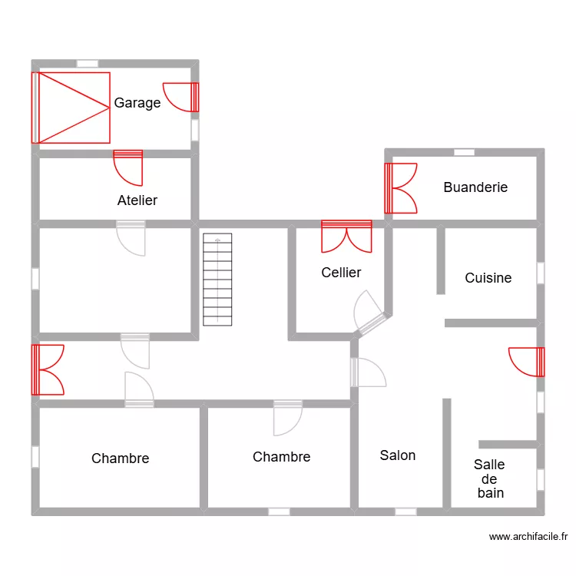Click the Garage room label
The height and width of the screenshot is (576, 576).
point(137,103)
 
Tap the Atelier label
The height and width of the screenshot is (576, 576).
point(137,200)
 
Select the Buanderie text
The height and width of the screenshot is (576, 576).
point(475,187)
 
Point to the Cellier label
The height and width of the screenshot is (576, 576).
point(341,273)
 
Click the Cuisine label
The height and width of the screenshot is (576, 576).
point(488,278)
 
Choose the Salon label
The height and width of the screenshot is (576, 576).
point(398,455)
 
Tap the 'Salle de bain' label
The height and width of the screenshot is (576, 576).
point(490,478)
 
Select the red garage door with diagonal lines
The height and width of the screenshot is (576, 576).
point(71,108)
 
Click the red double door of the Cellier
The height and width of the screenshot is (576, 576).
point(346,236)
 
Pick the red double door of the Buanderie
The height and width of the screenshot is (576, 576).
point(400,188)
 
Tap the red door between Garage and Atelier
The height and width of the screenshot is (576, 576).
point(128,167)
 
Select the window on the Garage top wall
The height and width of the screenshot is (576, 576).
point(88,64)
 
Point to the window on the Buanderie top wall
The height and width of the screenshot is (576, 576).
point(464,152)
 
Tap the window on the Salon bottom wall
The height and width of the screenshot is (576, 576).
point(406,511)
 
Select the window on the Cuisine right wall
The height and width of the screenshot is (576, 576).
point(540,273)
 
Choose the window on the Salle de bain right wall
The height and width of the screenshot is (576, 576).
point(540,479)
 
